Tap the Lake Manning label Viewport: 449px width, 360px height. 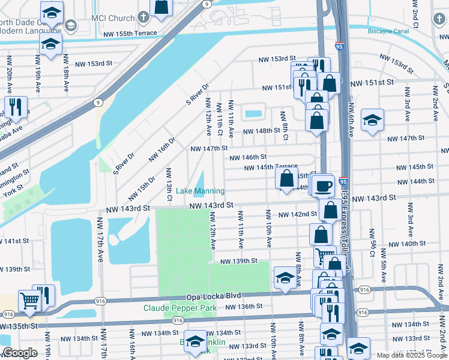[200, 191]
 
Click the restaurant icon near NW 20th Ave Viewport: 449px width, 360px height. [15, 107]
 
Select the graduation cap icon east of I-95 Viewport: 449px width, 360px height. [372, 121]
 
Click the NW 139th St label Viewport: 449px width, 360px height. [238, 262]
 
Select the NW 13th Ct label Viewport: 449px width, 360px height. [169, 185]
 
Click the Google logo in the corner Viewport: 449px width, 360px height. [20, 353]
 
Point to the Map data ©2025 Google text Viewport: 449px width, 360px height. [411, 355]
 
